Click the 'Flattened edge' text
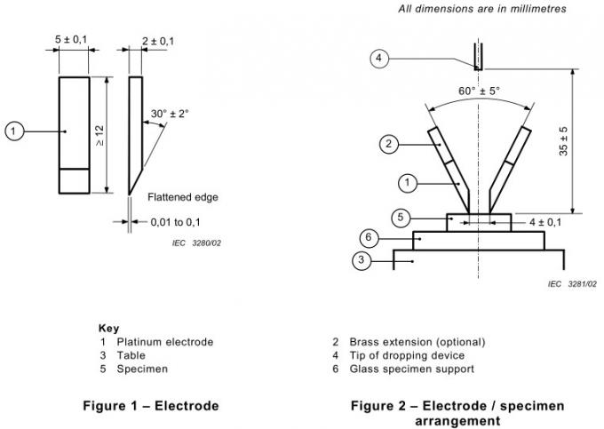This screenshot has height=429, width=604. point(183,196)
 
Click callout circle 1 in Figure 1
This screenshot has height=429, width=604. point(13,131)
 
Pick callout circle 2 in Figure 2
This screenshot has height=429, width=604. point(387,143)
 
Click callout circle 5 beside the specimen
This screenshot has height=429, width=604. point(401,216)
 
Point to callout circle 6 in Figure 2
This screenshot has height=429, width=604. point(370,238)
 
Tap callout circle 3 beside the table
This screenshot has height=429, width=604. point(361,260)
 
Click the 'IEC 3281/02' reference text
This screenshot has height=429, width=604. point(572,283)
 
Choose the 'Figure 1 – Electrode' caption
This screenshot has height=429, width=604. point(149,406)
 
